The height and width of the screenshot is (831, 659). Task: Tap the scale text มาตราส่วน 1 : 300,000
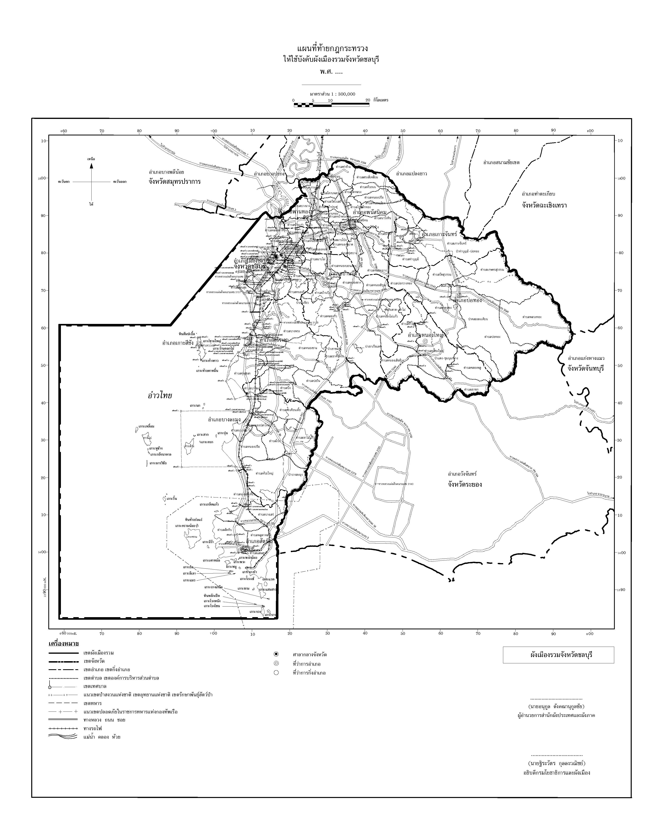[332, 94]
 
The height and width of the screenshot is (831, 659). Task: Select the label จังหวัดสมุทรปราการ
[175, 182]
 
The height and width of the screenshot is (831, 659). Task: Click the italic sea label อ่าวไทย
[160, 395]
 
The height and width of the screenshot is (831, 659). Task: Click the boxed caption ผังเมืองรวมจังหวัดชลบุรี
[558, 655]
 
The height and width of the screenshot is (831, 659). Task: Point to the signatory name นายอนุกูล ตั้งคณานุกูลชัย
[556, 707]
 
